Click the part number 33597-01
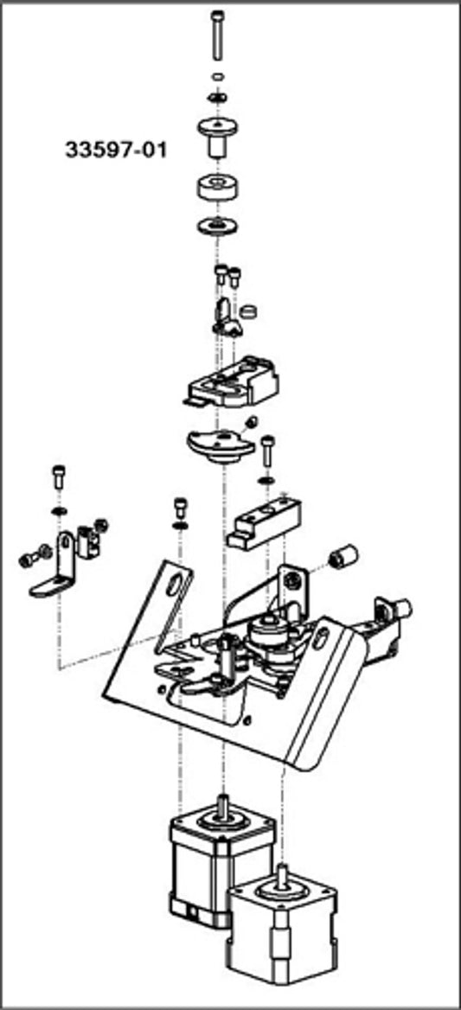[x=116, y=150]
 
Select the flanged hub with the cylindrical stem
[x=216, y=136]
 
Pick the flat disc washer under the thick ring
[x=216, y=227]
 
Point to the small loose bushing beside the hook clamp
[x=250, y=309]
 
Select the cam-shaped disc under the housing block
[x=221, y=442]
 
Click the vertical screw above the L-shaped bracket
[x=59, y=476]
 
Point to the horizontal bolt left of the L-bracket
[x=31, y=558]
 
